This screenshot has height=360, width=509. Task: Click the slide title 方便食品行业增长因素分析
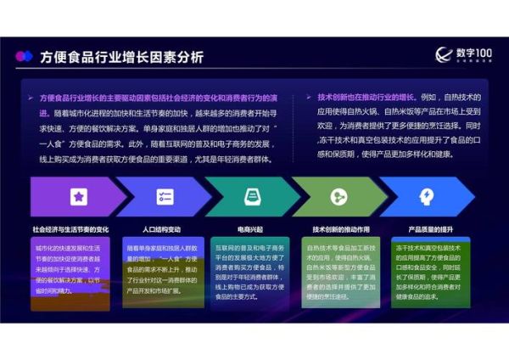[121, 58]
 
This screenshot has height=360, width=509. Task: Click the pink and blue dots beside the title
[24, 57]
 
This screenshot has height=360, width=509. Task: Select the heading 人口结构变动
[161, 229]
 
